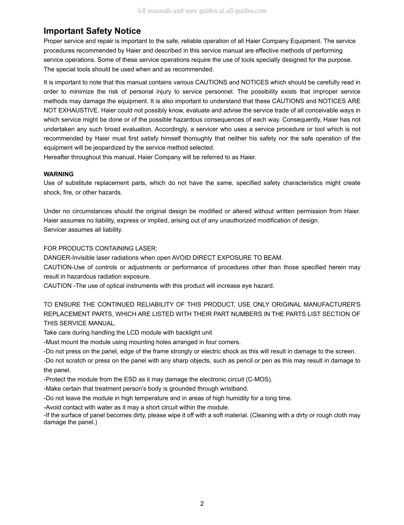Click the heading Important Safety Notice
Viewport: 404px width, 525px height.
(x=92, y=31)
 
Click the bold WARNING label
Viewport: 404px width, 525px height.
(x=59, y=174)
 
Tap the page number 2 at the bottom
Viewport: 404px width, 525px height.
(x=202, y=504)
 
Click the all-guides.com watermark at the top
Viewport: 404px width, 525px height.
(x=202, y=11)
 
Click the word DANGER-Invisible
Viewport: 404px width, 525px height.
(x=69, y=258)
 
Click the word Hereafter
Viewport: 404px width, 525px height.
(x=57, y=157)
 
